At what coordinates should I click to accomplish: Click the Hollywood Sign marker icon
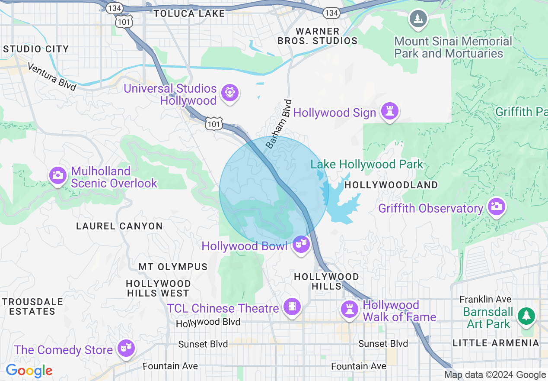(389, 112)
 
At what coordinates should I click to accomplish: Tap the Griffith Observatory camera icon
(496, 207)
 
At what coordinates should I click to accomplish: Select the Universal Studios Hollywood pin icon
(229, 93)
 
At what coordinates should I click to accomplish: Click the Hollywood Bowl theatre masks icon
(301, 245)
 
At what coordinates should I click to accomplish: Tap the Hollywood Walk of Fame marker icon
(349, 310)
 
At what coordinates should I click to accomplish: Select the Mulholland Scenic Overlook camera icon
(57, 176)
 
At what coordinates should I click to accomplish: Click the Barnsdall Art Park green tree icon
(526, 316)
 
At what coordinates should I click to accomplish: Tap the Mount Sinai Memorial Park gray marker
(418, 19)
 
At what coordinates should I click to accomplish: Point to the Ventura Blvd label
(51, 77)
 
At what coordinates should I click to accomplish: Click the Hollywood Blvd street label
(208, 322)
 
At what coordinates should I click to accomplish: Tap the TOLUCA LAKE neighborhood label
(189, 13)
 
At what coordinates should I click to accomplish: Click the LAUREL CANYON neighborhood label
(119, 226)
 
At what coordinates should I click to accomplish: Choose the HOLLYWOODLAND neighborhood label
(391, 185)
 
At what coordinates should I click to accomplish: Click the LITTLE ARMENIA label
(496, 343)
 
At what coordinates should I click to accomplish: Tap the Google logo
(29, 371)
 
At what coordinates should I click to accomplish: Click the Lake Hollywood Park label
(367, 165)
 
